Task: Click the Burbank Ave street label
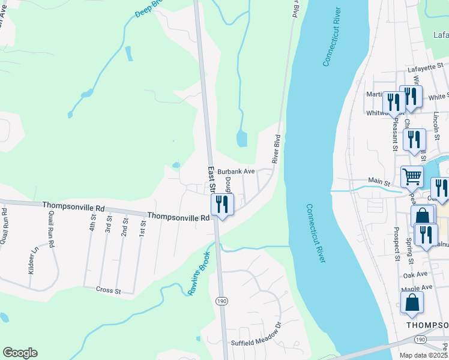[x=237, y=171]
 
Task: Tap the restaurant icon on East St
[x=222, y=205]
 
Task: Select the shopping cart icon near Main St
[x=412, y=176]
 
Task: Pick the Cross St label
[x=109, y=290]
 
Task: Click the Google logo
[x=20, y=352]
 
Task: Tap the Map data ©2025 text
[x=423, y=355]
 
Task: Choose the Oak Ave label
[x=415, y=274]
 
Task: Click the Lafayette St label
[x=425, y=68]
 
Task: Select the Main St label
[x=379, y=181]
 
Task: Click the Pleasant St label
[x=395, y=136]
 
